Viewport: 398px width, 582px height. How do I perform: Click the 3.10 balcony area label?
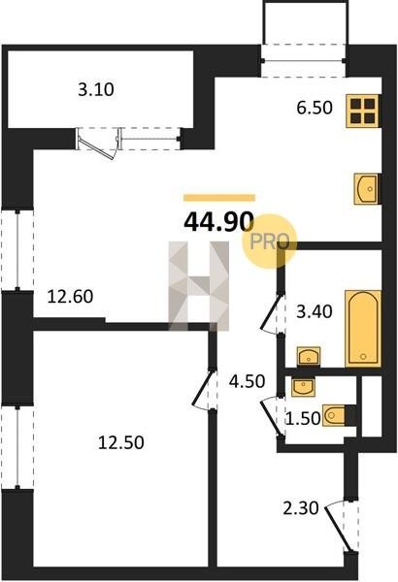[x=96, y=90]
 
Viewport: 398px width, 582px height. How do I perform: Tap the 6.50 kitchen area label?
[x=315, y=108]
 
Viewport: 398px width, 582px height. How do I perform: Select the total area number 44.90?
[x=218, y=222]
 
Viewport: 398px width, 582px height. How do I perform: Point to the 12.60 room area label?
[x=70, y=297]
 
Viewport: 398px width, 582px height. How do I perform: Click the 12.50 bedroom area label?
[x=120, y=443]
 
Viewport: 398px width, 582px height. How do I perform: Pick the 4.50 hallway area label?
[x=247, y=381]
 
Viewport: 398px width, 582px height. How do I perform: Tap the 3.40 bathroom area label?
[x=314, y=311]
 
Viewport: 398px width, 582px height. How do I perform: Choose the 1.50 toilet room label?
[x=303, y=419]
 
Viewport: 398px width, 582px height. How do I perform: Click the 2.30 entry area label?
[x=301, y=508]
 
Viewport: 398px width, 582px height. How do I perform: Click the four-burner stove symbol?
[x=362, y=112]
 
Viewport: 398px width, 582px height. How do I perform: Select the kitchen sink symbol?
[x=366, y=188]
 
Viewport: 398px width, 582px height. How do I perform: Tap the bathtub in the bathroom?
[x=363, y=329]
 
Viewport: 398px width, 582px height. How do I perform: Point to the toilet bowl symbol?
[x=334, y=415]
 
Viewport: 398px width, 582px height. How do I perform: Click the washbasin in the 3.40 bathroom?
[x=309, y=357]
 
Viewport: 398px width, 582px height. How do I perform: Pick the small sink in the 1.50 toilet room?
[x=303, y=387]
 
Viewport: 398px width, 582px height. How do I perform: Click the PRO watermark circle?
[x=270, y=242]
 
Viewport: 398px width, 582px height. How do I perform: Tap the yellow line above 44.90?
[x=219, y=198]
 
